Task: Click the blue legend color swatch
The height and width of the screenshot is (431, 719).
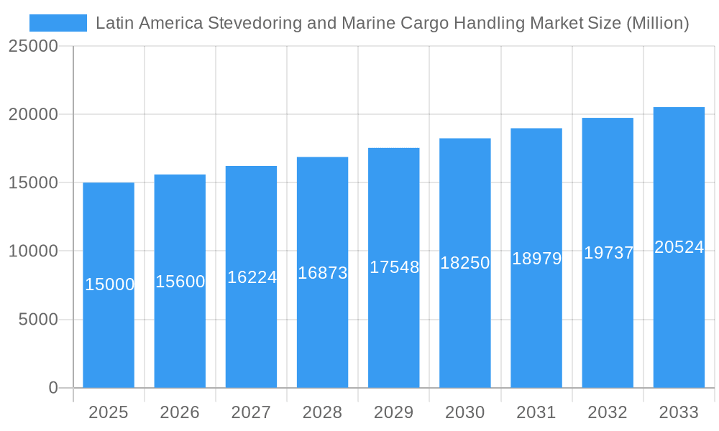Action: click(x=58, y=23)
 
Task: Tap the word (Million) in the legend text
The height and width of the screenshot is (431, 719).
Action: click(x=658, y=23)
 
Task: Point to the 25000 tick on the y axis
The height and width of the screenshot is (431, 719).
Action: click(x=32, y=47)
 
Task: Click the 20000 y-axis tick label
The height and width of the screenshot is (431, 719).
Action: click(x=32, y=115)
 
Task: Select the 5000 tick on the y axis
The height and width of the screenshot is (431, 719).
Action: click(x=37, y=320)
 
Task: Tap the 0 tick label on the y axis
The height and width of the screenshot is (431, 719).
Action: click(x=53, y=388)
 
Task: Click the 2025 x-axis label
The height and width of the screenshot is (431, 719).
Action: click(x=108, y=412)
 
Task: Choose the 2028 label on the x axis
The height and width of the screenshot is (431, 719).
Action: click(x=322, y=412)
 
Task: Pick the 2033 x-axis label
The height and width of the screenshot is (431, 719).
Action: click(x=679, y=412)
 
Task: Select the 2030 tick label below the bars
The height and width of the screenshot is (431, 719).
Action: click(x=464, y=412)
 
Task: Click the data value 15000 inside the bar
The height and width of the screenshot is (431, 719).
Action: click(x=109, y=284)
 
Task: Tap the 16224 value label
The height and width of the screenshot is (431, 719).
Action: click(x=252, y=277)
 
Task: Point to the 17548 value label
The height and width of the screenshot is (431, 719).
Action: click(x=394, y=267)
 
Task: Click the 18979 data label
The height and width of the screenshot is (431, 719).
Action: click(x=536, y=259)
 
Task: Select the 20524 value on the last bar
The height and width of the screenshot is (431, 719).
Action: click(x=679, y=247)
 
